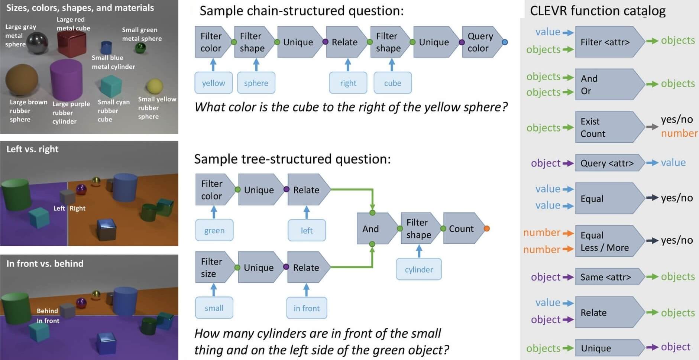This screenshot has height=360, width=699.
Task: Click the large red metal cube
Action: [x=72, y=44]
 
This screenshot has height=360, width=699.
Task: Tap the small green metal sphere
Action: [x=140, y=48]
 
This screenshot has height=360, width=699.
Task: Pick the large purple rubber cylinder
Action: [x=66, y=80]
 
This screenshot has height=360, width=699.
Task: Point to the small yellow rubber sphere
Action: [x=155, y=86]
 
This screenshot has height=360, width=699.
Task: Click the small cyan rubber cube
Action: [x=111, y=86]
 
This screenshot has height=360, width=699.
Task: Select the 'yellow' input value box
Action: [x=213, y=83]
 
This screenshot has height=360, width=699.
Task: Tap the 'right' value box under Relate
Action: [x=348, y=83]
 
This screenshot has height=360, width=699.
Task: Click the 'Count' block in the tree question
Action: [x=461, y=228]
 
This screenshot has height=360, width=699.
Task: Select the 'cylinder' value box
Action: [x=419, y=269]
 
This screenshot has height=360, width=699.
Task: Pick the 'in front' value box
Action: [x=307, y=308]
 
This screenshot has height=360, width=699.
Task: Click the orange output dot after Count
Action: [x=487, y=228]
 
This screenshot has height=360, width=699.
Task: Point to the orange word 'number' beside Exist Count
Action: [x=679, y=133]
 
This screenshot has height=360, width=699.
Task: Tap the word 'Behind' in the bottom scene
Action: [x=47, y=311]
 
